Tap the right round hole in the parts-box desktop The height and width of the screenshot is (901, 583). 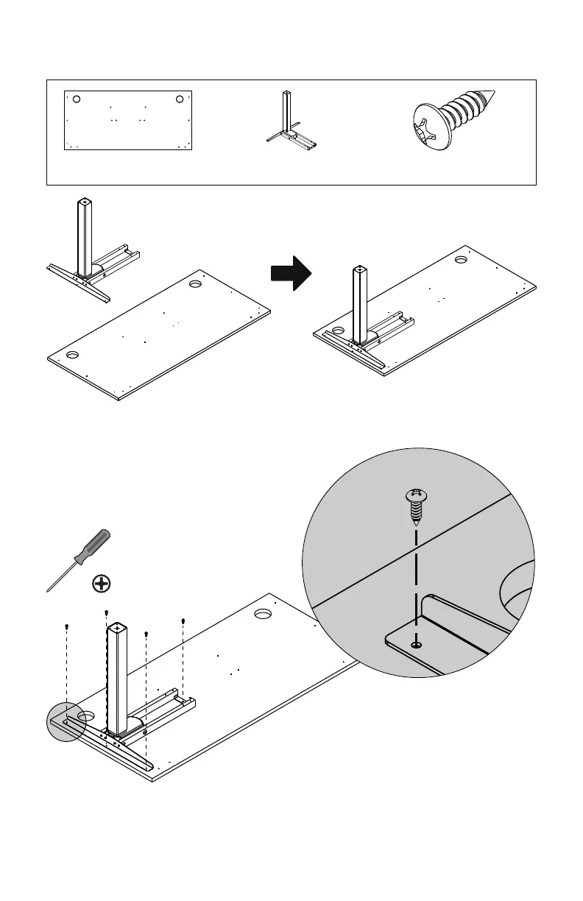(x=180, y=99)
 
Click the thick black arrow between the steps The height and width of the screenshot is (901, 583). (x=291, y=273)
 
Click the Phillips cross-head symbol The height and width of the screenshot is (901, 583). (x=102, y=584)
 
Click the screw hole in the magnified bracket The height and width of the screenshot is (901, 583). (x=417, y=644)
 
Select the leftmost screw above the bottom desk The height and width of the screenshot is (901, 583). (x=67, y=626)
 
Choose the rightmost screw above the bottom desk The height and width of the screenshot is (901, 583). (x=183, y=621)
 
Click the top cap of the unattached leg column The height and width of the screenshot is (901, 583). (x=85, y=201)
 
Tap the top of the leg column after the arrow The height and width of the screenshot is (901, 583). (x=358, y=270)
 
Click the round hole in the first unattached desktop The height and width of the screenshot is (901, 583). (x=196, y=283)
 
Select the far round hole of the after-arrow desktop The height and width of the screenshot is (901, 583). (x=461, y=260)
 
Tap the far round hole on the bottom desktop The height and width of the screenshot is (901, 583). (x=263, y=613)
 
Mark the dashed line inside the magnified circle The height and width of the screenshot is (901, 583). (x=417, y=582)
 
